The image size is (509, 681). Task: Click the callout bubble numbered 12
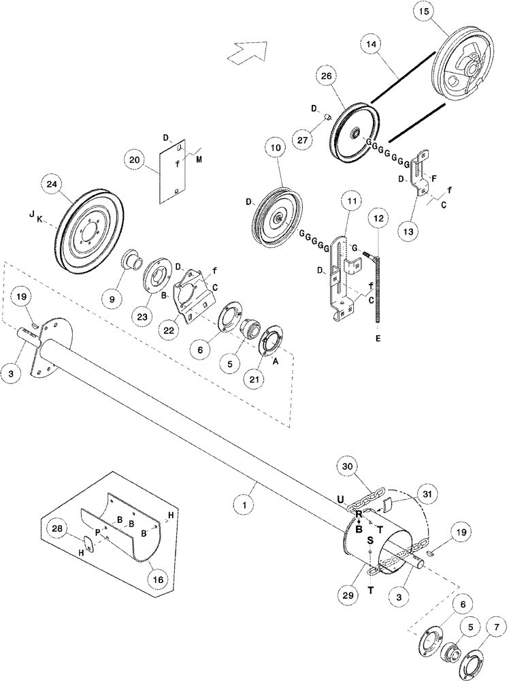pos(380,220)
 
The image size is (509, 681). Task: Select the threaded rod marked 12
pos(376,286)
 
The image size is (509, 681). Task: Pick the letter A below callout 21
pos(276,363)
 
